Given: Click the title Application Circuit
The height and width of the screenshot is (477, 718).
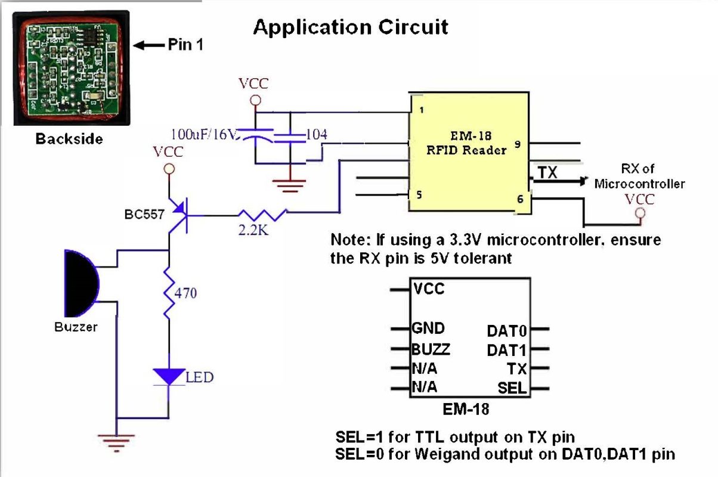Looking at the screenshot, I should (x=351, y=27).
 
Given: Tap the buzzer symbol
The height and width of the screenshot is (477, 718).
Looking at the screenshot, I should (x=81, y=284).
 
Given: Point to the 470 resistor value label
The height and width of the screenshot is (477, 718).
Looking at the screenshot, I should (x=185, y=293).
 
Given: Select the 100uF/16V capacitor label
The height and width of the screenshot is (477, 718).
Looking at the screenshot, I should (x=203, y=135).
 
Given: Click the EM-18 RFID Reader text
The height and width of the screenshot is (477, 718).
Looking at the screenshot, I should (x=468, y=144).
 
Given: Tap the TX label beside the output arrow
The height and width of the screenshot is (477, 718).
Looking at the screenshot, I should (x=547, y=172).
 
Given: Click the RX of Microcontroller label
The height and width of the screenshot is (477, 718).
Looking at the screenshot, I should (x=639, y=176).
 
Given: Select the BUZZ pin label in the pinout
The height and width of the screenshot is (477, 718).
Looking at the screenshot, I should (x=431, y=349).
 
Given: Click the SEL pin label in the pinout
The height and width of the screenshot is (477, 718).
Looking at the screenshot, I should (x=512, y=389).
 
